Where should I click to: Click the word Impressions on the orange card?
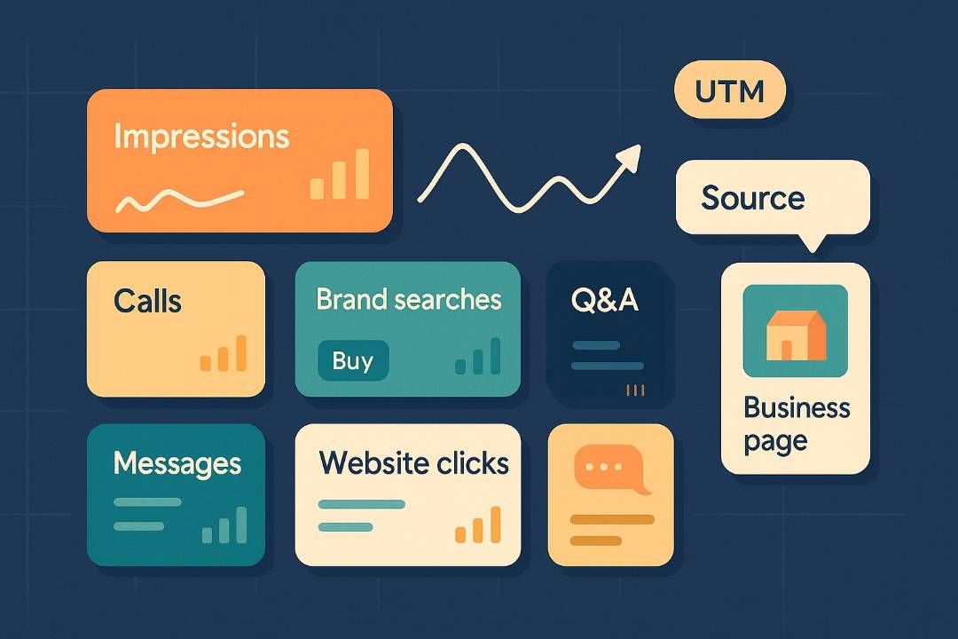pos(201,137)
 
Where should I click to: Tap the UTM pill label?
pos(729,91)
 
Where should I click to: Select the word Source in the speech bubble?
pos(752,198)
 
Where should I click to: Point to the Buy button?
pos(353,360)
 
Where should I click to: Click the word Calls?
pos(147,301)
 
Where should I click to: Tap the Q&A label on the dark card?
pos(604,300)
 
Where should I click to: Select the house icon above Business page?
pos(795,335)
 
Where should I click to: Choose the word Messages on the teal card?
pos(177,462)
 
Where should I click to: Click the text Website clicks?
pos(413,462)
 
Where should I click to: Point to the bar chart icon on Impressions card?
pos(340,175)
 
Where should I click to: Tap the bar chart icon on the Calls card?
pos(224,354)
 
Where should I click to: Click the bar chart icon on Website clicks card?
pos(478,525)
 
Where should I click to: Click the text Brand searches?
pos(408,299)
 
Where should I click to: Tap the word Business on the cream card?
pos(796,408)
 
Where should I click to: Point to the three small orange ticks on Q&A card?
pos(635,390)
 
